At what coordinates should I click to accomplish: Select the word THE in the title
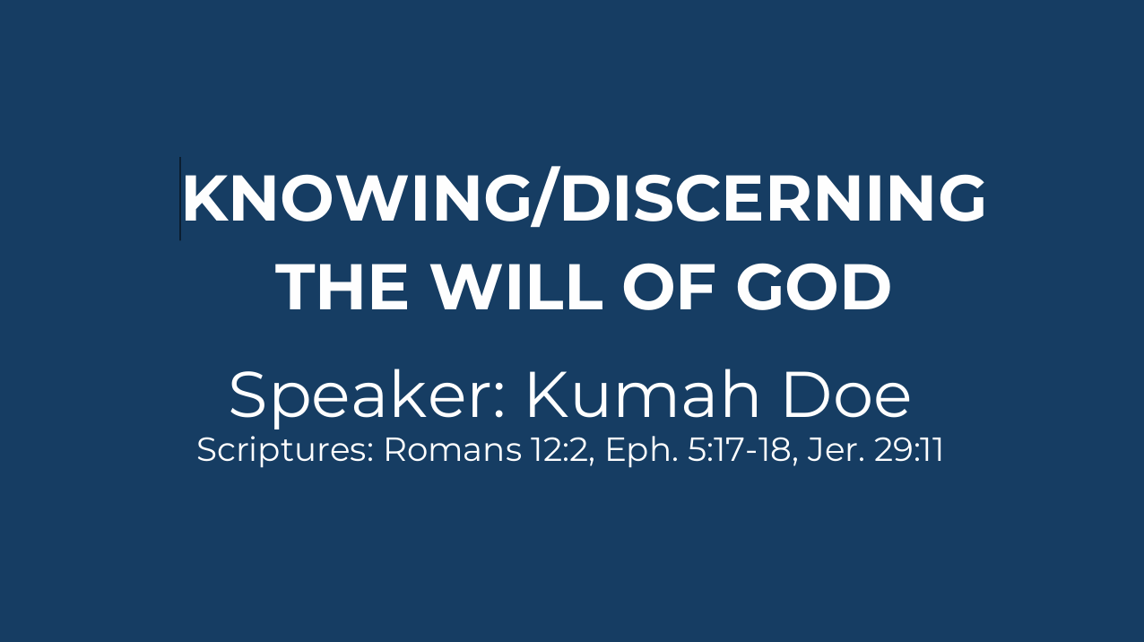342,286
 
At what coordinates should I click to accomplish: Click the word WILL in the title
516,286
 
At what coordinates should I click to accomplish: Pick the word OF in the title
668,286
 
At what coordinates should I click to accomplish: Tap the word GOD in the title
813,286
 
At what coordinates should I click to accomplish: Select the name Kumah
643,395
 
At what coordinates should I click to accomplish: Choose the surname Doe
846,395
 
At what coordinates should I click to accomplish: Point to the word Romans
453,450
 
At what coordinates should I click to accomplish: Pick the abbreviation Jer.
835,450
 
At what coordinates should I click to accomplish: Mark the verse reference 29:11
908,450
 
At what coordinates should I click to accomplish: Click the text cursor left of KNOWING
180,199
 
